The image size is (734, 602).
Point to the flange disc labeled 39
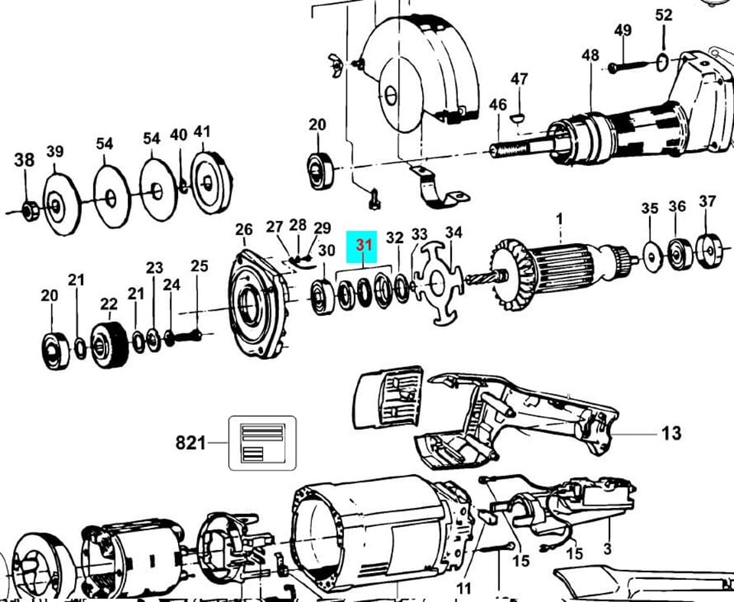(x=57, y=203)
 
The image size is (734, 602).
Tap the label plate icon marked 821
(x=261, y=442)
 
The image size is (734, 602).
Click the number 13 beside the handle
(x=671, y=434)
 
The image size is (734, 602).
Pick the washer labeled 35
(x=651, y=255)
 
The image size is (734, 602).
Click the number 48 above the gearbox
(x=590, y=55)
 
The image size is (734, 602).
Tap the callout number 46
(x=498, y=104)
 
